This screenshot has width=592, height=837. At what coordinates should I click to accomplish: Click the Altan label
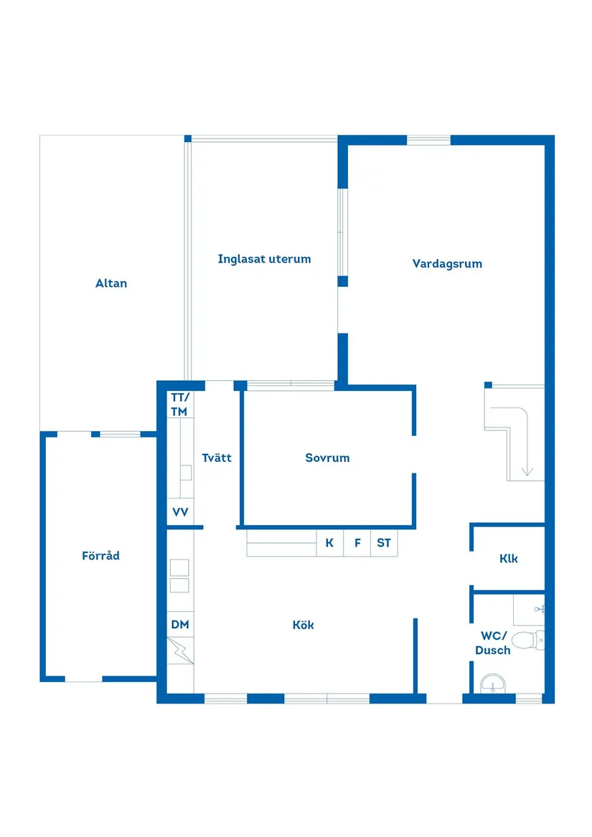click(x=111, y=283)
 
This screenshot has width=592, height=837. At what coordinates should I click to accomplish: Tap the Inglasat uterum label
click(x=265, y=260)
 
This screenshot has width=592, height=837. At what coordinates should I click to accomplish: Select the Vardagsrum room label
click(x=447, y=264)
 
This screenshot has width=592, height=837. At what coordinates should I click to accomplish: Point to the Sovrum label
click(x=327, y=458)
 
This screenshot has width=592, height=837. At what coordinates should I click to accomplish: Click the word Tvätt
click(x=217, y=458)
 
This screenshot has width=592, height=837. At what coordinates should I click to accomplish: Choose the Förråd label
click(x=100, y=556)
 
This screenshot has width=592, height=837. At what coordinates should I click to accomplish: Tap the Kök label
click(x=303, y=625)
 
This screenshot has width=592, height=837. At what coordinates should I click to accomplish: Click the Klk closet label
click(x=509, y=559)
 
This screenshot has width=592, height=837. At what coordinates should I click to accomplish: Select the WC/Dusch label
click(x=493, y=643)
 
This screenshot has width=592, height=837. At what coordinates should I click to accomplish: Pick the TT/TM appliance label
click(x=179, y=405)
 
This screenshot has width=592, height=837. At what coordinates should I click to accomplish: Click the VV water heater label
click(x=180, y=512)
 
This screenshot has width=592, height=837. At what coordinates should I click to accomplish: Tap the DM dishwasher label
click(x=180, y=625)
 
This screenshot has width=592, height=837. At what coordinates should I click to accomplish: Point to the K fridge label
click(x=329, y=543)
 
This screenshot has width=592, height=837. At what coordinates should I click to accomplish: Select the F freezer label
click(x=357, y=543)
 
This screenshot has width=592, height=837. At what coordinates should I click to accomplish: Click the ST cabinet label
click(x=384, y=543)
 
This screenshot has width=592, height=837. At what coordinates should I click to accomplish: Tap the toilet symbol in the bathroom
click(x=528, y=640)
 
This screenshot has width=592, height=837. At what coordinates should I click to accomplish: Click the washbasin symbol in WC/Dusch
click(x=493, y=684)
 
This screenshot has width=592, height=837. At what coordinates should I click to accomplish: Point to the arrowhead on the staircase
click(x=527, y=471)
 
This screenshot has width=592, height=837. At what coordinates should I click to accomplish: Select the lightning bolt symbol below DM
click(x=180, y=651)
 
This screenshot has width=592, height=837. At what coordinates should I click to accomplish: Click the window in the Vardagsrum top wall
click(x=428, y=141)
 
